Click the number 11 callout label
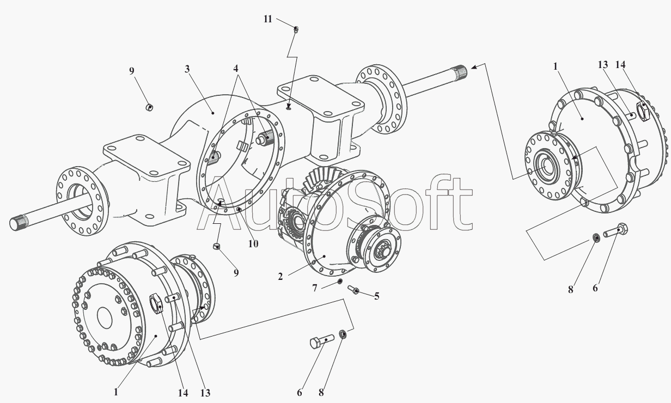tap(267, 19)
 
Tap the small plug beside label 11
tap(296, 29)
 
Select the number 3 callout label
tap(187, 69)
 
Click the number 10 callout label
tap(253, 244)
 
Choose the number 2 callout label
tap(280, 277)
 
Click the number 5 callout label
tap(376, 296)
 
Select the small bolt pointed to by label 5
tap(353, 290)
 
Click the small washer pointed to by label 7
tap(340, 282)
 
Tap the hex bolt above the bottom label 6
tap(321, 341)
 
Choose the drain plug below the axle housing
tap(217, 247)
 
